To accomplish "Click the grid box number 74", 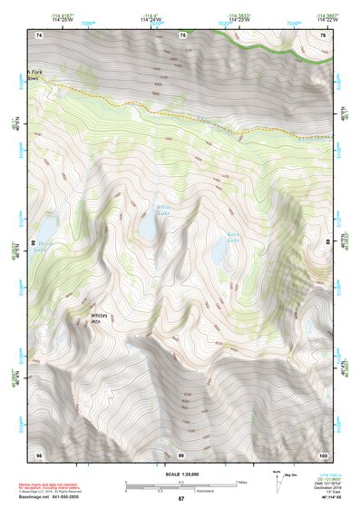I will coord(39,35).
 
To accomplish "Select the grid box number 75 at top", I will coord(182,35).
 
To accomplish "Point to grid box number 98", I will coord(39,454).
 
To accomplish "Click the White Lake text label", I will coord(162,210).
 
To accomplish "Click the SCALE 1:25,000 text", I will coord(180,474).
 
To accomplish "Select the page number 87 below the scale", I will coord(180,499).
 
